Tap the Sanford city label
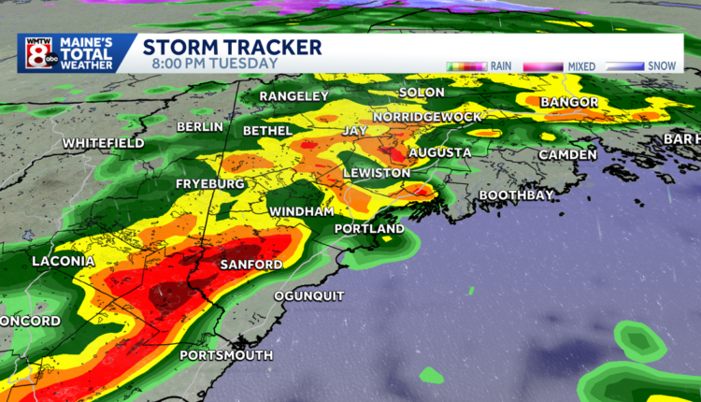[x=250, y=266]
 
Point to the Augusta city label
[x=439, y=151]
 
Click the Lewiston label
[x=377, y=174]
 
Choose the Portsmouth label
[x=226, y=355]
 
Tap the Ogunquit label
[x=309, y=296]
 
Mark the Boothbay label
[x=517, y=194]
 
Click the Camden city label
[x=567, y=154]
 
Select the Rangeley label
[x=293, y=96]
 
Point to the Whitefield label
[x=104, y=143]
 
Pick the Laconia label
[x=64, y=261]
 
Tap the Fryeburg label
[x=209, y=184]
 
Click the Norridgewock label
[x=427, y=116]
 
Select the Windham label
[x=302, y=212]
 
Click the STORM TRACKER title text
[x=232, y=47]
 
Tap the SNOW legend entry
[x=660, y=66]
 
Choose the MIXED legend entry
[x=580, y=66]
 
